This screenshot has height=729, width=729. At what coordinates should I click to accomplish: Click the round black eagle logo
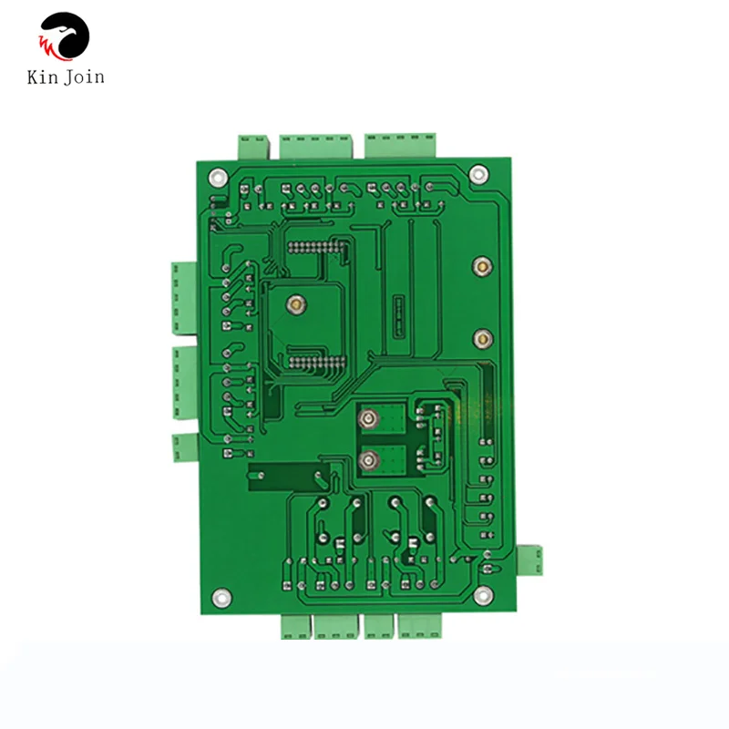65,37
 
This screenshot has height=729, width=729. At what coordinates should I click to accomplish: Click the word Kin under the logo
43,77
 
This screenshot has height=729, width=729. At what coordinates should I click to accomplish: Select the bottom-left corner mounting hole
219,597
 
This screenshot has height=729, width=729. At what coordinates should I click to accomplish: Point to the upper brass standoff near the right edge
478,268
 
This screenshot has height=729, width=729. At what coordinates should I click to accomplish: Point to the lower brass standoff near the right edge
478,339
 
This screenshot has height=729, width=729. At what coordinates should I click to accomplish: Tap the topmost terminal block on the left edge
182,297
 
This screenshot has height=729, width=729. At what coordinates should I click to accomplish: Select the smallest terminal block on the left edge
184,446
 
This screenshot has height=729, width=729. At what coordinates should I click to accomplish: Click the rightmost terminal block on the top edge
401,144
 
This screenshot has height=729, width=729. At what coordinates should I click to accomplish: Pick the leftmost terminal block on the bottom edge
295,626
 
